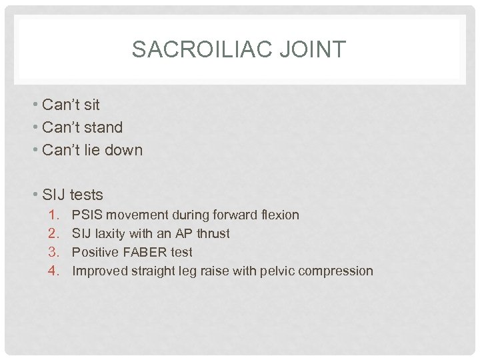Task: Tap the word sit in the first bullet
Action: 92,105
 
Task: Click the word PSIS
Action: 87,215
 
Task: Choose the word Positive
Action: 93,253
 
